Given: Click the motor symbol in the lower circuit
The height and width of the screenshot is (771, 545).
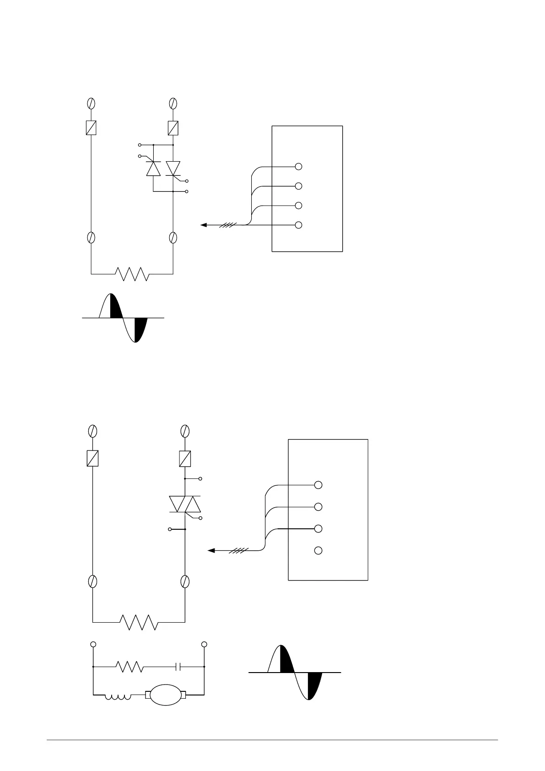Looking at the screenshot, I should (165, 695).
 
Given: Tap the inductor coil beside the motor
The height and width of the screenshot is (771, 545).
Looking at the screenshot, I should (118, 697).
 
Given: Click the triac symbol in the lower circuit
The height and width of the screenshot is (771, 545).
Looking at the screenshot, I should (185, 504).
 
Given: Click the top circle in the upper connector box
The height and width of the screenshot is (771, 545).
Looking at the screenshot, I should (298, 167).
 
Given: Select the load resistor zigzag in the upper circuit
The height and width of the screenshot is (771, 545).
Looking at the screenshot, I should (132, 274).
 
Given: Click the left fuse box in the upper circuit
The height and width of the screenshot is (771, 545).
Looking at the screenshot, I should (91, 128).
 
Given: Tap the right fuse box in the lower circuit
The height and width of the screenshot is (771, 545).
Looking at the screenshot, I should (185, 458).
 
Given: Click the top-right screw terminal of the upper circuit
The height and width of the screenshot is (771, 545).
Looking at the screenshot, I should (173, 103).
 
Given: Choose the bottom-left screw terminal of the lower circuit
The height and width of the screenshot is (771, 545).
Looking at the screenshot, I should (93, 581).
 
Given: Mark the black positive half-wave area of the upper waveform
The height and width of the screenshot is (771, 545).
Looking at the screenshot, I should (116, 308).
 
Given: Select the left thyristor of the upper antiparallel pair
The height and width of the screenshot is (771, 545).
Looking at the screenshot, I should (153, 168).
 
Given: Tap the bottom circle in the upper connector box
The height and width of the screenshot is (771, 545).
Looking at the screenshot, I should (298, 225).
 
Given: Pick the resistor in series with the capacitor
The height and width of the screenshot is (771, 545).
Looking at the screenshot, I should (131, 667).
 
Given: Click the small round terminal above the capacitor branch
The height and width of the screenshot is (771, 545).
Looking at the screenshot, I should (204, 644).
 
